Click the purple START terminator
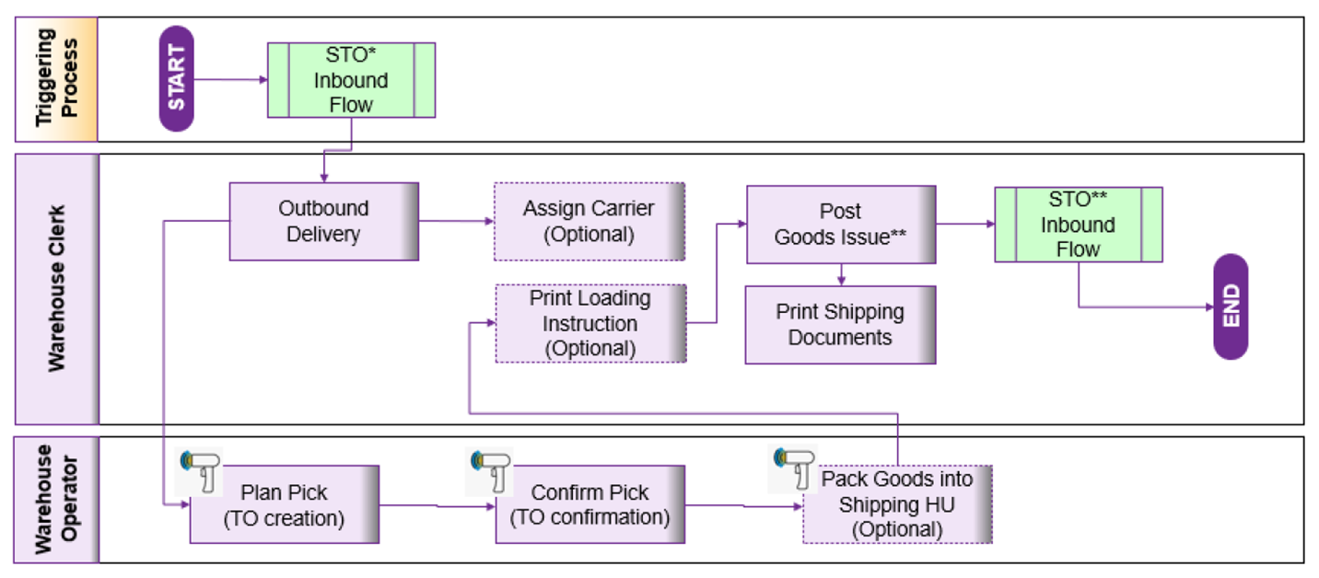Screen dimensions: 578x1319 [177, 78]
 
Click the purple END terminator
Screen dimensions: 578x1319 [1231, 306]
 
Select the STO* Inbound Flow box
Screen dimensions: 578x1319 [351, 80]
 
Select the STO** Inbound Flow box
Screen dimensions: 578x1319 [1078, 225]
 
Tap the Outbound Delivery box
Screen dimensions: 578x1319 [323, 221]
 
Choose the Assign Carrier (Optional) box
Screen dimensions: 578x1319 [589, 221]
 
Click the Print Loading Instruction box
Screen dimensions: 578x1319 [589, 323]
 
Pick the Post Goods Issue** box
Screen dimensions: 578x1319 [840, 225]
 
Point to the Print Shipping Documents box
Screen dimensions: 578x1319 [839, 324]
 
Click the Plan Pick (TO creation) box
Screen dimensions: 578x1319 [284, 504]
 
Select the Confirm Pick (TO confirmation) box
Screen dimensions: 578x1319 [589, 504]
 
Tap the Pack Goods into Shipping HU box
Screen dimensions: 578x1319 [896, 503]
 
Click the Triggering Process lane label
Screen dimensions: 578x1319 [56, 79]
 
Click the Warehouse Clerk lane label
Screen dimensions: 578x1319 [56, 288]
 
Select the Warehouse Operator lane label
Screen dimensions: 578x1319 [56, 499]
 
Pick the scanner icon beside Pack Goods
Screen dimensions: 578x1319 [792, 468]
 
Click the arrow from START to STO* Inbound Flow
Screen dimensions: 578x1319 [230, 79]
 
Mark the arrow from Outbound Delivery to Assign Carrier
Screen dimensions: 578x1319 [456, 221]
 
